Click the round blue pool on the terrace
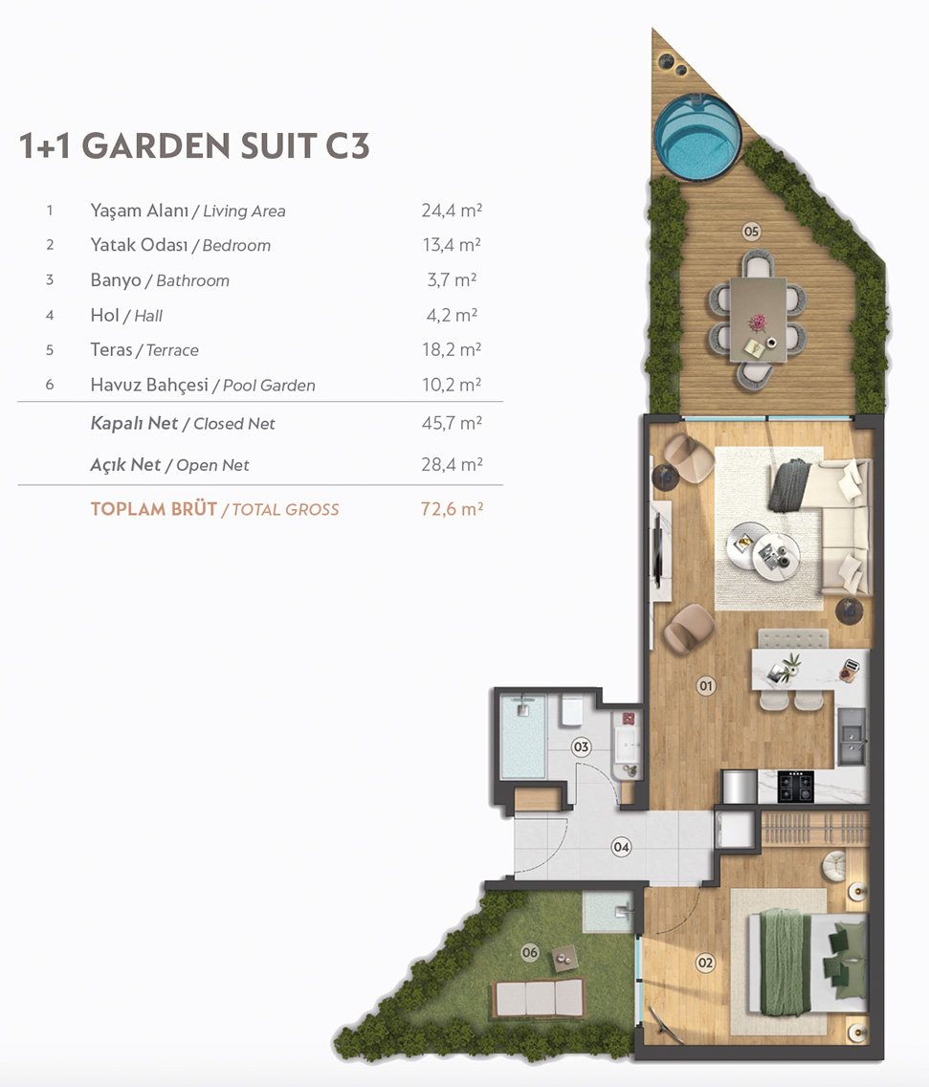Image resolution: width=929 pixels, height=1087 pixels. [697, 137]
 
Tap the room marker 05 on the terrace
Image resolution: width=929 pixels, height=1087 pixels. [751, 231]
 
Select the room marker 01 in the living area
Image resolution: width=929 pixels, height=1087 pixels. [706, 686]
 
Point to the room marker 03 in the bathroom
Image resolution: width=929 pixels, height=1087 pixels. [581, 746]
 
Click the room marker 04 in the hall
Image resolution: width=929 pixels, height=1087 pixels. [621, 847]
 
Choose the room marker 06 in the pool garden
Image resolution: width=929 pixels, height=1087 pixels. [530, 952]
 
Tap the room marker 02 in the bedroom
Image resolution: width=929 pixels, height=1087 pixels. [705, 963]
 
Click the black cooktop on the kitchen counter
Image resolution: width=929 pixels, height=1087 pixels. [795, 787]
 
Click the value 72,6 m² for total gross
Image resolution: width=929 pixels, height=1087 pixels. [452, 509]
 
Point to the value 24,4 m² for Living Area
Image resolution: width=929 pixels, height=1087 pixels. [452, 211]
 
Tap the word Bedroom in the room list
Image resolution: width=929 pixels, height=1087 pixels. [236, 245]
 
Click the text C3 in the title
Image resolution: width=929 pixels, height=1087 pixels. [347, 145]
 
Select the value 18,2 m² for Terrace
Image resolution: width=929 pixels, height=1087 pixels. [452, 349]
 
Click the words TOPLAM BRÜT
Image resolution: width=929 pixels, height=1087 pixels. [153, 509]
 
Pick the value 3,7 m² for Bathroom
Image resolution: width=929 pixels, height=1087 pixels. [452, 280]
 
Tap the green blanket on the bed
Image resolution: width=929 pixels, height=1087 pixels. [785, 962]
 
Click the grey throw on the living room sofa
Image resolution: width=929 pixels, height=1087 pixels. [789, 485]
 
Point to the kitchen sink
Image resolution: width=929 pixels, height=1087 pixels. [851, 736]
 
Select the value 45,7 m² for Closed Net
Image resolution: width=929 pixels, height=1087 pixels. [452, 423]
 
